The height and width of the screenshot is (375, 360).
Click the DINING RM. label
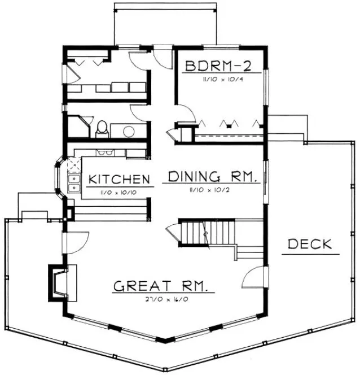[212, 177]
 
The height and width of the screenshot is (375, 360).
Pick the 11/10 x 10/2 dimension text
[212, 190]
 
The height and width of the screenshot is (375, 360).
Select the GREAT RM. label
[164, 286]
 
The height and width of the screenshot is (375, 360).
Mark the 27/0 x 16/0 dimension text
[164, 299]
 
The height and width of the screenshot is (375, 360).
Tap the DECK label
[309, 245]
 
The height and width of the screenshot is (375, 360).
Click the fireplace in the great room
[59, 281]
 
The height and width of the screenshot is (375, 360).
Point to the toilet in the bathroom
[102, 129]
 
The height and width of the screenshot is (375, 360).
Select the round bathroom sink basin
[129, 132]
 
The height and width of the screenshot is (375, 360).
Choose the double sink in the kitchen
[73, 182]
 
